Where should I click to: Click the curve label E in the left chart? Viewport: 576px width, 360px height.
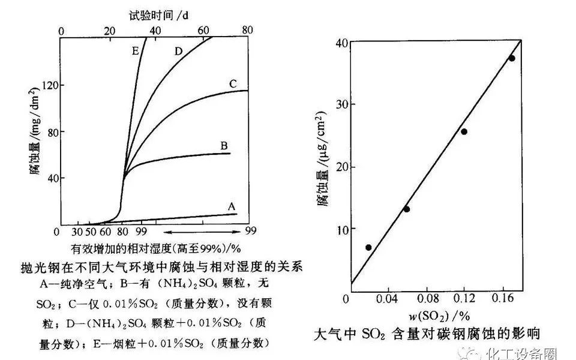[136, 52]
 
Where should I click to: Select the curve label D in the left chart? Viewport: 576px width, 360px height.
[178, 51]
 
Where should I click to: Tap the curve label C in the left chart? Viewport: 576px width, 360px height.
[233, 83]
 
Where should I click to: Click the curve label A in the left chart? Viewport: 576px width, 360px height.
[231, 206]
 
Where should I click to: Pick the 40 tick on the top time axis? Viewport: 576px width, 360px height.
[155, 31]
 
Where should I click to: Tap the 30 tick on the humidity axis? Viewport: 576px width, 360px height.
[77, 232]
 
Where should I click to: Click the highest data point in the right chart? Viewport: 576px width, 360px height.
[512, 58]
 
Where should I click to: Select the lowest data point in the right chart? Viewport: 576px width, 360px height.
[368, 247]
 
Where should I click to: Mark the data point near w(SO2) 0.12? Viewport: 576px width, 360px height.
[464, 131]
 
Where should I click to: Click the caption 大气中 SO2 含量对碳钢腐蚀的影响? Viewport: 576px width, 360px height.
[430, 334]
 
